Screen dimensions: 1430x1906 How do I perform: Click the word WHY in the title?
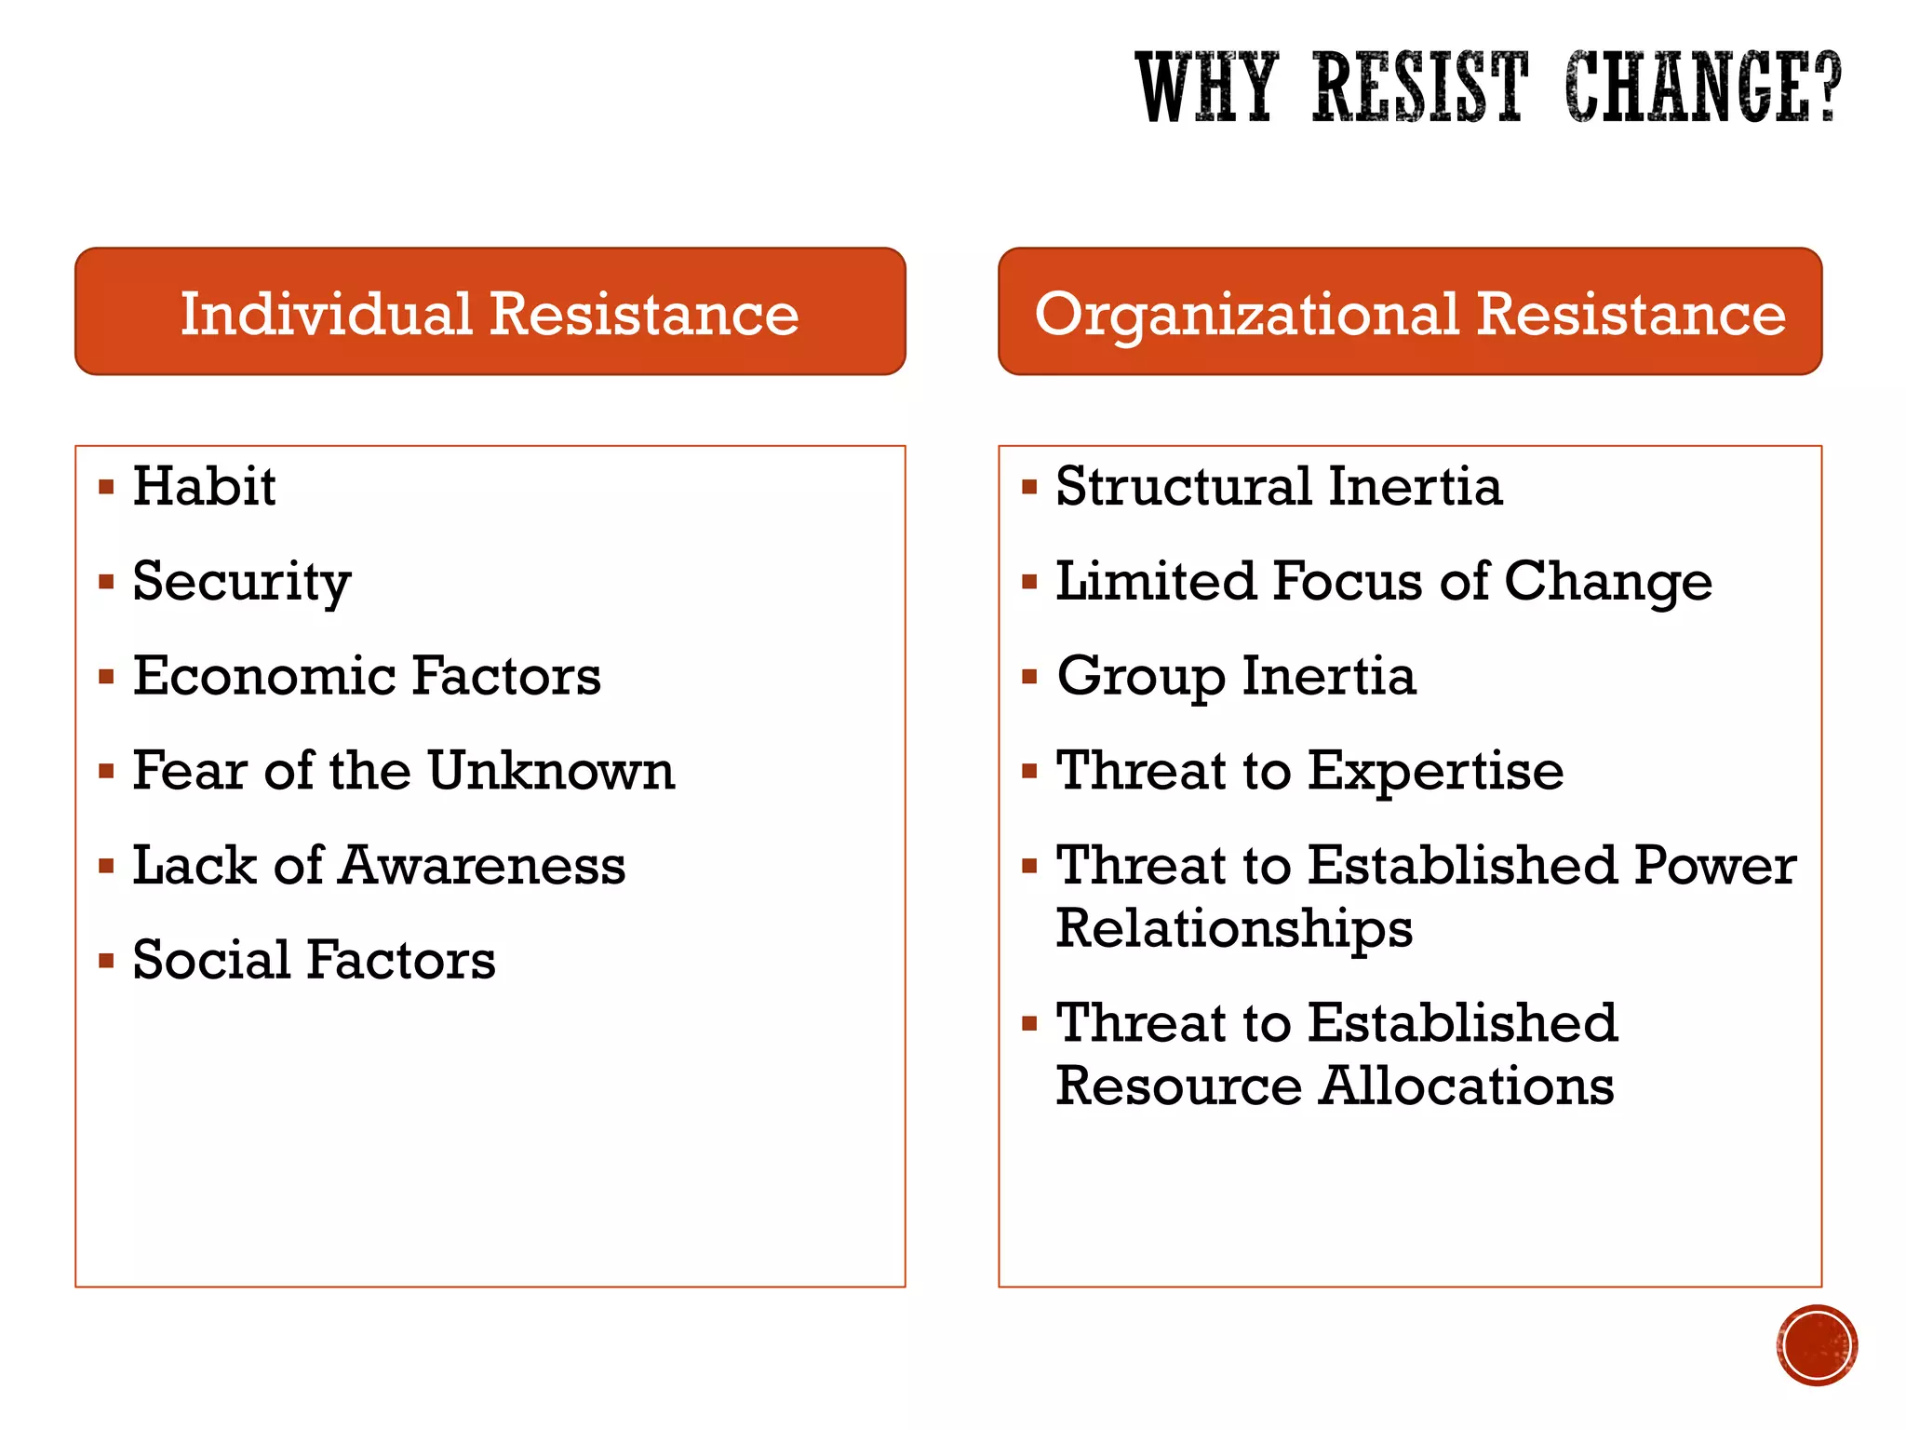point(1206,88)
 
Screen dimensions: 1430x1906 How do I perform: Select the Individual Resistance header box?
point(490,312)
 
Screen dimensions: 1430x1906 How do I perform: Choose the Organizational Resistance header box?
point(1409,312)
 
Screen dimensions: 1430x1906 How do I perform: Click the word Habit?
point(204,486)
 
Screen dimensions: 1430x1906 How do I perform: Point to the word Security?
point(241,582)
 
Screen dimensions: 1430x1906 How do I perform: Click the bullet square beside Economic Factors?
point(106,676)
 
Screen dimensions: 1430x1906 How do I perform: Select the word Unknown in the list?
point(551,771)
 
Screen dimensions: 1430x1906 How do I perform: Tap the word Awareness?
point(482,866)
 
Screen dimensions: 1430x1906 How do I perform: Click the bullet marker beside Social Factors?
point(106,960)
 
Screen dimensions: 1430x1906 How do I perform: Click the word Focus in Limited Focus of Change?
point(1346,582)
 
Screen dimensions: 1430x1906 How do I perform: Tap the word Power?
point(1714,866)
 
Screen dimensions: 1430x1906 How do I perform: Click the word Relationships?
point(1234,929)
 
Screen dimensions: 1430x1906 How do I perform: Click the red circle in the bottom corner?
point(1816,1345)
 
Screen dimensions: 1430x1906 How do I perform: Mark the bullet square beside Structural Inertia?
point(1029,486)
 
